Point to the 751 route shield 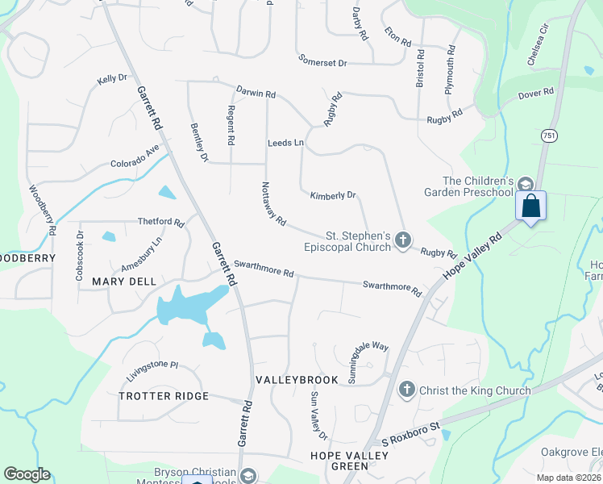pyautogui.click(x=549, y=136)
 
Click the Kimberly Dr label pyautogui.click(x=333, y=195)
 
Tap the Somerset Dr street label pyautogui.click(x=322, y=60)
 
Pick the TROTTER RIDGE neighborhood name pyautogui.click(x=164, y=396)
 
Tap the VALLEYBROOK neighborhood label pyautogui.click(x=289, y=378)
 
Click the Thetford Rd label pyautogui.click(x=161, y=222)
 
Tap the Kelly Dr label pyautogui.click(x=112, y=79)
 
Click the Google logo pyautogui.click(x=27, y=474)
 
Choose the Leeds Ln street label pyautogui.click(x=285, y=143)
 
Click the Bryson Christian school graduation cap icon pyautogui.click(x=247, y=475)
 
